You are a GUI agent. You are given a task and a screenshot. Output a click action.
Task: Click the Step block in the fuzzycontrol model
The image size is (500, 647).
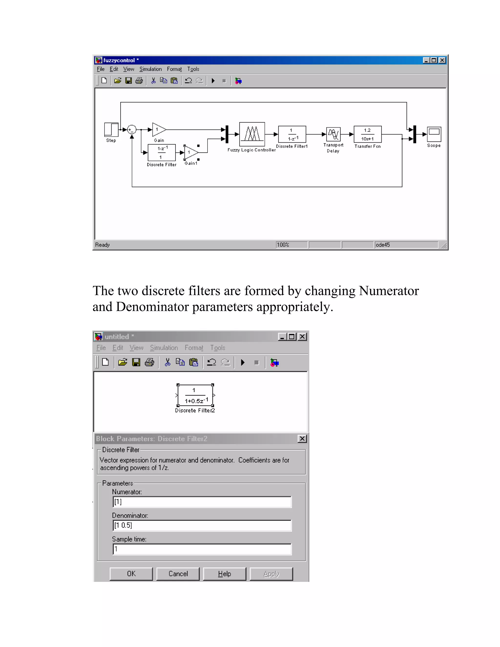click(x=111, y=129)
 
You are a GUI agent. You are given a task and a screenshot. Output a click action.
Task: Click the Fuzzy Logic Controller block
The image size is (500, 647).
click(x=252, y=134)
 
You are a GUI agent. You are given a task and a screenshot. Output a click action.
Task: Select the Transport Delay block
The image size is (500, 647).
click(x=333, y=134)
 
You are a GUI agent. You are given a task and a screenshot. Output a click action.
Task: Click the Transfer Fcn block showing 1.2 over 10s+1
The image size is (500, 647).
click(x=367, y=134)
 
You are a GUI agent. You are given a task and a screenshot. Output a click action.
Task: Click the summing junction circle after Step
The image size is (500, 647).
click(x=132, y=129)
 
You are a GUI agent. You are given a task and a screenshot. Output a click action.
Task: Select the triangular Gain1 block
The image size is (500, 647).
click(x=190, y=153)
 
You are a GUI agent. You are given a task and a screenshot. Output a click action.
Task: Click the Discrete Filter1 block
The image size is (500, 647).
click(x=292, y=134)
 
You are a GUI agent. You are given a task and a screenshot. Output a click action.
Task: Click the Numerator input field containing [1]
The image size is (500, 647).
click(x=202, y=502)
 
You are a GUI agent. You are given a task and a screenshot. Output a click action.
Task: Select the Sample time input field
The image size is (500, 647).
click(x=202, y=549)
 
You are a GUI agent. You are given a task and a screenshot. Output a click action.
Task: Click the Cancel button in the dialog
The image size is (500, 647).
click(x=178, y=574)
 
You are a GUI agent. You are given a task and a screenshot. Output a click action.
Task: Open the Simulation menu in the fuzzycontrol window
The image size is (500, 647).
click(x=150, y=69)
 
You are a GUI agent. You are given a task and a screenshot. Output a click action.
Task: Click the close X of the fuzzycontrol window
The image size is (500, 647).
click(x=442, y=60)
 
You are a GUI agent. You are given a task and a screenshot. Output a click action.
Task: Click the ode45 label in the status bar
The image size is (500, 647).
click(x=383, y=245)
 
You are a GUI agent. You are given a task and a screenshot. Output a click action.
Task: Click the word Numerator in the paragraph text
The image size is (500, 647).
click(x=389, y=291)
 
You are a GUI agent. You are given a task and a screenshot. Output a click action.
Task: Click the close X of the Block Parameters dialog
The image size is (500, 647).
click(x=302, y=438)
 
